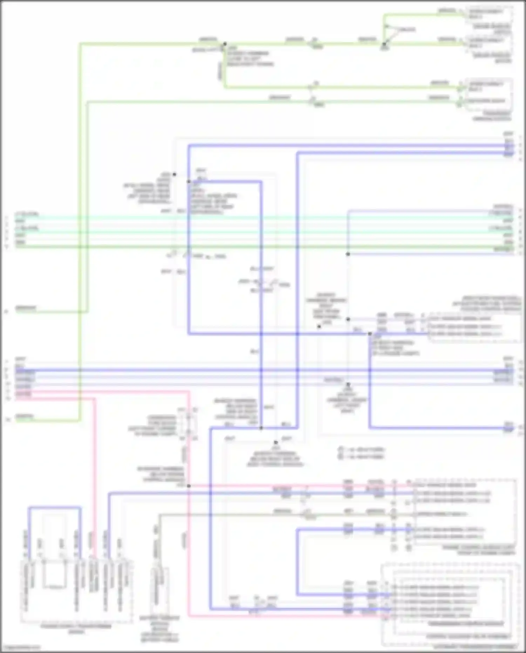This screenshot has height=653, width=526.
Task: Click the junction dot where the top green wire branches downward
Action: click(225, 44)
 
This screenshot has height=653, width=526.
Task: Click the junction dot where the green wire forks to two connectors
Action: click(384, 45)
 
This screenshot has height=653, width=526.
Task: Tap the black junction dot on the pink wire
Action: click(189, 486)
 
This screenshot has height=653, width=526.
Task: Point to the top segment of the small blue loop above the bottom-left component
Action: click(54, 507)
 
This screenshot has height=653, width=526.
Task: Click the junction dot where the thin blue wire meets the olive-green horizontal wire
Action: click(348, 254)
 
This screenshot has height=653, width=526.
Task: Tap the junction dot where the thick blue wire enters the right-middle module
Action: click(370, 334)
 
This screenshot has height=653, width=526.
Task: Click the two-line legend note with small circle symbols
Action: click(361, 453)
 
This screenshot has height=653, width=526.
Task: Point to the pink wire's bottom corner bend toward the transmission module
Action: click(189, 616)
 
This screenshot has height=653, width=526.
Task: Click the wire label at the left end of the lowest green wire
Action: click(25, 417)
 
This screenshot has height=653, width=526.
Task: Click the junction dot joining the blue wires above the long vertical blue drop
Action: click(261, 428)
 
